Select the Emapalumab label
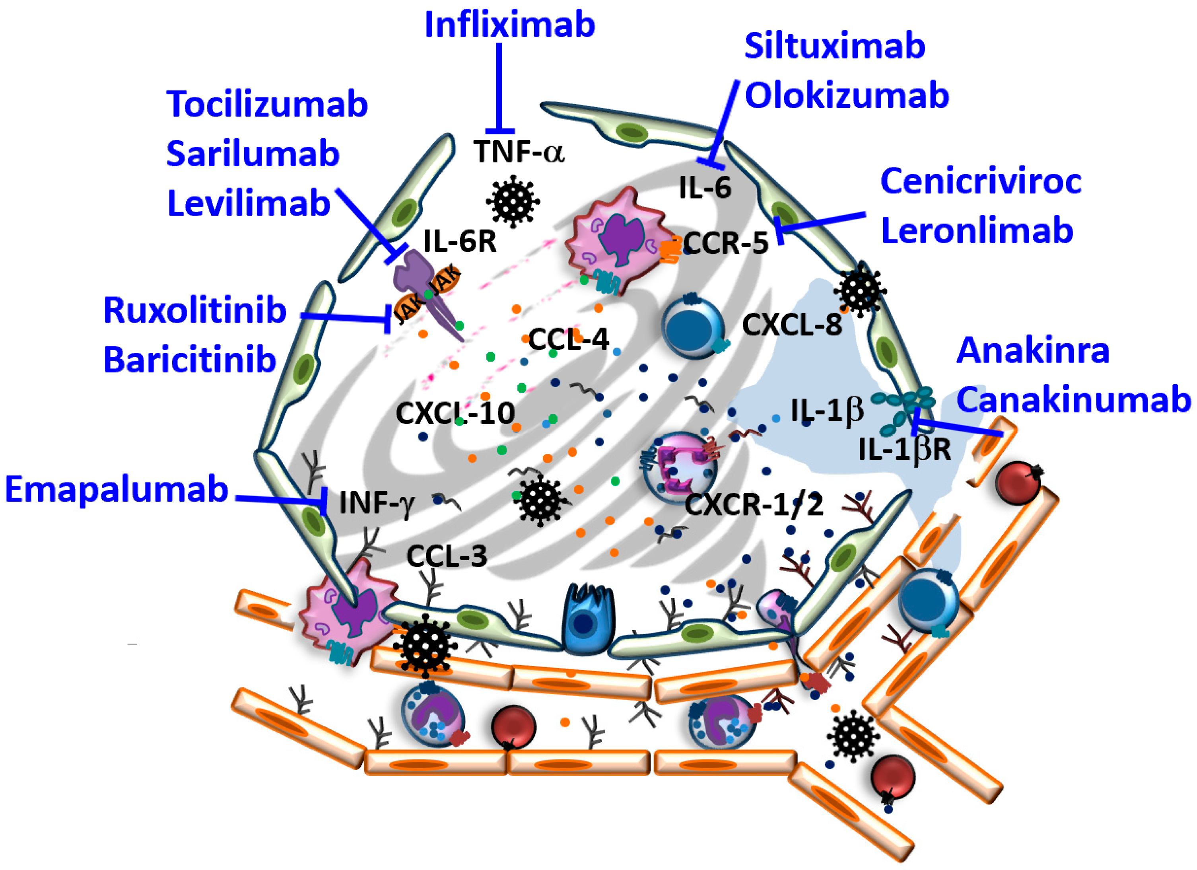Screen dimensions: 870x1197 (116, 489)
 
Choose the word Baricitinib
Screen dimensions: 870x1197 (190, 360)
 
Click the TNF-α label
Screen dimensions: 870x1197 (518, 152)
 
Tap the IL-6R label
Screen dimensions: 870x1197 (460, 242)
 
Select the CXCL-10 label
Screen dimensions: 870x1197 (455, 413)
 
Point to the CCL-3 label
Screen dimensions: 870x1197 (447, 556)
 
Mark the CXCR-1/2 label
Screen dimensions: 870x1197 (754, 505)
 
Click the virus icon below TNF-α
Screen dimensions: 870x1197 (513, 201)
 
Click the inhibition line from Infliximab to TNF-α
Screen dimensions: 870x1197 (499, 84)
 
